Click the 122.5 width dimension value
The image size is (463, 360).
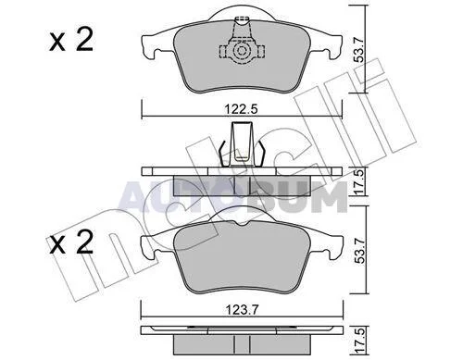pyautogui.click(x=241, y=109)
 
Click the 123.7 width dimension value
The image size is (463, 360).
pyautogui.click(x=241, y=309)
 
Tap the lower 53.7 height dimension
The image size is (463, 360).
pyautogui.click(x=359, y=249)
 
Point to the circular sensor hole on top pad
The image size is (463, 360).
pyautogui.click(x=241, y=51)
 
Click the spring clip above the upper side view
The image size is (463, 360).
pyautogui.click(x=242, y=145)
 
